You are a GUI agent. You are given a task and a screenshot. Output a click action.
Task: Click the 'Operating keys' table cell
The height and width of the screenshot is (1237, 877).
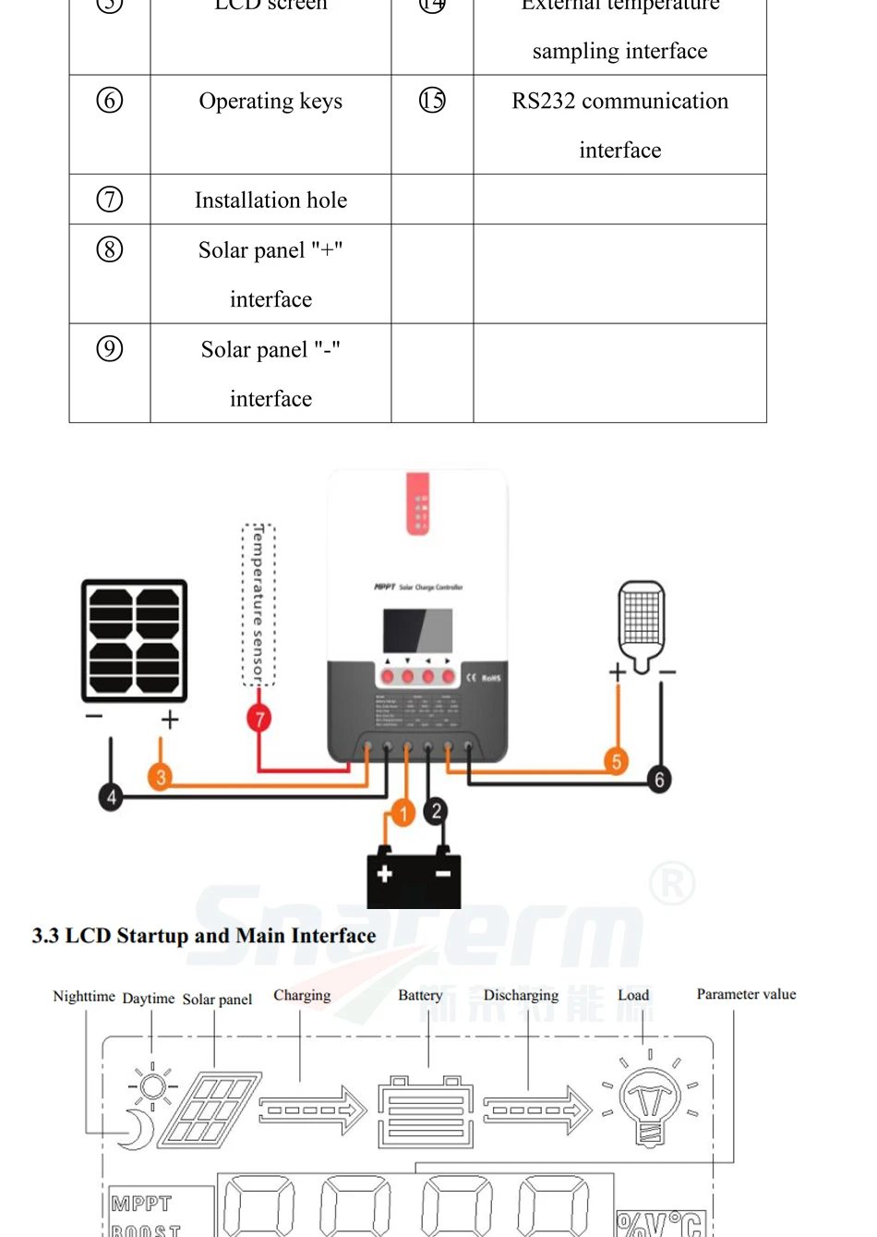click(270, 102)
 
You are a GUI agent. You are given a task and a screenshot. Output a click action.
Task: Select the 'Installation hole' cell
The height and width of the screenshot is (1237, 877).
click(270, 200)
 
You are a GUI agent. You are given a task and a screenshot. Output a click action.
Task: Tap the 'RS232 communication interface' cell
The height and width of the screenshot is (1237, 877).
click(619, 125)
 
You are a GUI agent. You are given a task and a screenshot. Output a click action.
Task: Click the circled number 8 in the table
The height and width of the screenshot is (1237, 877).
click(110, 249)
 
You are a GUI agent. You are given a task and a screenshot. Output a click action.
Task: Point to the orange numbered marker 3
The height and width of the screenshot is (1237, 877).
click(161, 777)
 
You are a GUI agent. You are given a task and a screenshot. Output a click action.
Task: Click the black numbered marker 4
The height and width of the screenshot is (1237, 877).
click(111, 796)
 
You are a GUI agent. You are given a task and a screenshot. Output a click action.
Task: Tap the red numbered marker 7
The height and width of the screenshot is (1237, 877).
click(259, 719)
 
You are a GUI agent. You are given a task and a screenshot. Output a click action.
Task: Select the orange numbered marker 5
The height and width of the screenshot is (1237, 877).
click(616, 761)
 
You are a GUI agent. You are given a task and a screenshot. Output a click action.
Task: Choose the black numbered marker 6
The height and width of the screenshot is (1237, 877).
click(659, 779)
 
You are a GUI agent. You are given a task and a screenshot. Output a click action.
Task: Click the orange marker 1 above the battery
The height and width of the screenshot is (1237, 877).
click(402, 813)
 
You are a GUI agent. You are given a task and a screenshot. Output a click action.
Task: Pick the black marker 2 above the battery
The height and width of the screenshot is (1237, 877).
click(437, 811)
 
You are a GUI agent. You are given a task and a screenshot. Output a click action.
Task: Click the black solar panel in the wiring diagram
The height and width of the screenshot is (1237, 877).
click(135, 640)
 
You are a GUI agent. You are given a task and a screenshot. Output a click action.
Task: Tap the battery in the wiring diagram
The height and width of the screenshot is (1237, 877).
click(414, 877)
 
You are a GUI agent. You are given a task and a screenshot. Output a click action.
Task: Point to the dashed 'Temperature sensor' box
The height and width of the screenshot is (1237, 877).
click(258, 605)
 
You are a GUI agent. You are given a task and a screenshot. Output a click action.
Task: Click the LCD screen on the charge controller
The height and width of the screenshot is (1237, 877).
click(418, 632)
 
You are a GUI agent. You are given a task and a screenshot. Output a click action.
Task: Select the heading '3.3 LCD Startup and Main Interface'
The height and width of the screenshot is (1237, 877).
click(204, 936)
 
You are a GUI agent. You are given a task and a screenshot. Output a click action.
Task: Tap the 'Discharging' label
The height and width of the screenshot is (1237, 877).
click(521, 995)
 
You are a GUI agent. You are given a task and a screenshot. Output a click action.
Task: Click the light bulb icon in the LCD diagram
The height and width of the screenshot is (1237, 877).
click(650, 1102)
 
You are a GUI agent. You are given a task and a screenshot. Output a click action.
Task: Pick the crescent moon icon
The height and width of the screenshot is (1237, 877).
click(138, 1129)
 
